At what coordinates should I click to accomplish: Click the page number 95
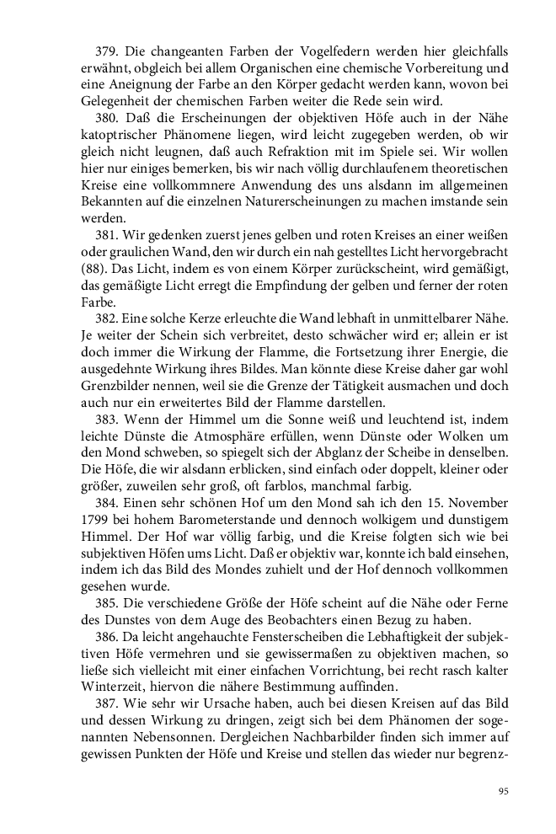click(x=503, y=791)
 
